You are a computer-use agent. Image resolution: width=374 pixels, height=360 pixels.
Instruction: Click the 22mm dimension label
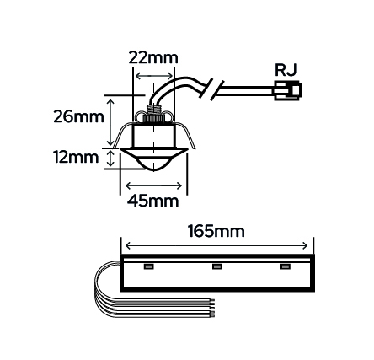pyautogui.click(x=153, y=58)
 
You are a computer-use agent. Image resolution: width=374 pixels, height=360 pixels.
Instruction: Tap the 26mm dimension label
pyautogui.click(x=78, y=116)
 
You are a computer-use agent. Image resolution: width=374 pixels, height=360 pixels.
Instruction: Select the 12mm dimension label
pyautogui.click(x=77, y=158)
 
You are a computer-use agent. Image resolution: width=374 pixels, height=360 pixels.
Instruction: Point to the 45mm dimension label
pyautogui.click(x=153, y=201)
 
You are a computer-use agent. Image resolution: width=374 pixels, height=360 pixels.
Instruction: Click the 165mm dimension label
pyautogui.click(x=216, y=232)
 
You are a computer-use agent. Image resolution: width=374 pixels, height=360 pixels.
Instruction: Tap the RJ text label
pyautogui.click(x=286, y=70)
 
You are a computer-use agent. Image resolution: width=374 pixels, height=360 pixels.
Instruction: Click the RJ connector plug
pyautogui.click(x=287, y=90)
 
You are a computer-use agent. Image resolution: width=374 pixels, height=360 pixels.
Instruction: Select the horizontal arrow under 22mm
pyautogui.click(x=153, y=76)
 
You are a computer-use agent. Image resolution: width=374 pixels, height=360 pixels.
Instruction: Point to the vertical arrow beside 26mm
pyautogui.click(x=111, y=121)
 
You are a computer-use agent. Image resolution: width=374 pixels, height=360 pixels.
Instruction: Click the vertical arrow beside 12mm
pyautogui.click(x=111, y=159)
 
